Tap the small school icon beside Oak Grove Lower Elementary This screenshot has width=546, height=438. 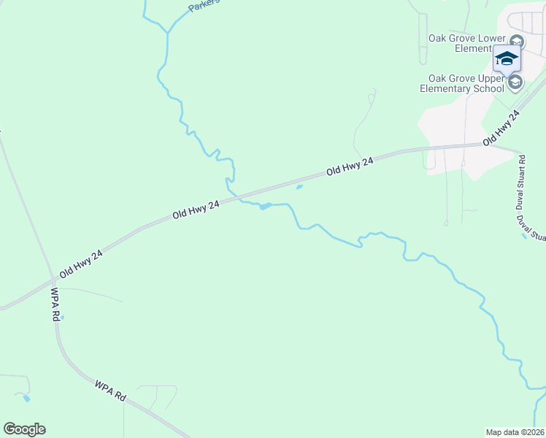pos(517,41)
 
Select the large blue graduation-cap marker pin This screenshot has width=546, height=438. pos(507,58)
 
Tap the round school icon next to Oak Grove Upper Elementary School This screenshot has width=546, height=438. pos(515,82)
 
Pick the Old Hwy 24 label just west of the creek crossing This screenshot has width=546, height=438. pos(196,210)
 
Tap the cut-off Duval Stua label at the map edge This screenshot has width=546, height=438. pos(531,227)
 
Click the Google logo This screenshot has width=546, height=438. pos(24,429)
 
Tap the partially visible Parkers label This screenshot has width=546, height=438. pos(204,6)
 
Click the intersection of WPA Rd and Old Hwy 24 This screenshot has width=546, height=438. pos(53,279)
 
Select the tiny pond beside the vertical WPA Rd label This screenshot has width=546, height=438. pos(63,317)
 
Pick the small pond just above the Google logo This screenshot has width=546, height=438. pos(27,398)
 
